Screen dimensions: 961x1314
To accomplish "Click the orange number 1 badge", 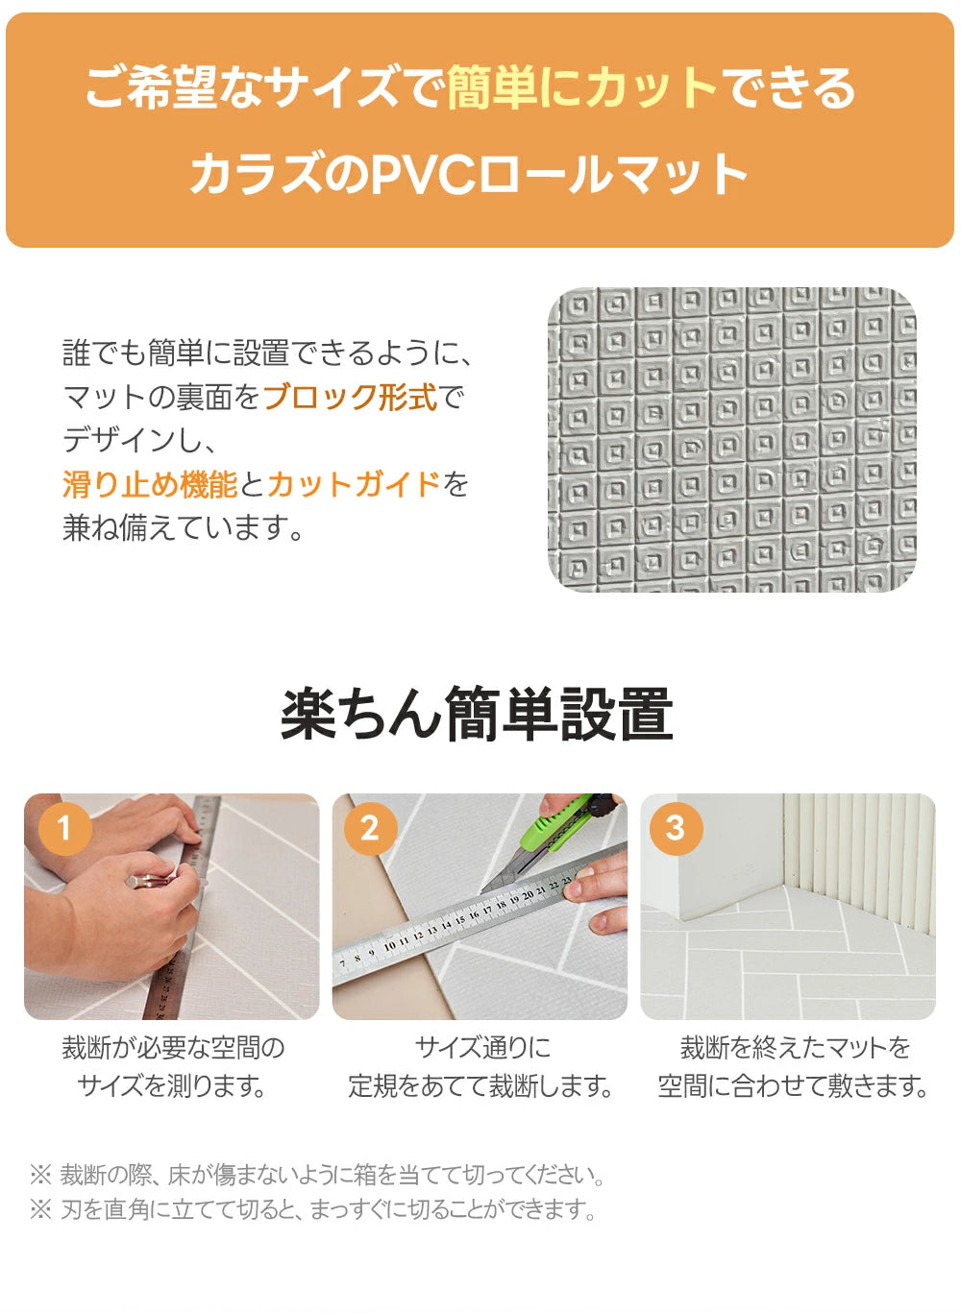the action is (x=64, y=828).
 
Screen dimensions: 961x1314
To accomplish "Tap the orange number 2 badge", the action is (x=370, y=828).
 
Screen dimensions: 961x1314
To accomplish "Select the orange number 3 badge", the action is (x=676, y=828).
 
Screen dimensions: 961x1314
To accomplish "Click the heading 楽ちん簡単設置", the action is (x=477, y=715).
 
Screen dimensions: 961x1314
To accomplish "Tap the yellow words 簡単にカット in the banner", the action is (x=581, y=88).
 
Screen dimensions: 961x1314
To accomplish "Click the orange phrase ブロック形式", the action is (x=350, y=397).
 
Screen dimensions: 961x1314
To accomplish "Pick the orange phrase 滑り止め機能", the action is (x=150, y=484).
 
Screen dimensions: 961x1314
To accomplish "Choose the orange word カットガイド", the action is (x=354, y=484).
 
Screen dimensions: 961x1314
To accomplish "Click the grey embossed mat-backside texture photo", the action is (x=732, y=439).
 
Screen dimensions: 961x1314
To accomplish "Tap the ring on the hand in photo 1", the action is (x=148, y=881).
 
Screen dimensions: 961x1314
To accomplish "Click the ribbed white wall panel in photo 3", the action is (x=859, y=862).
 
